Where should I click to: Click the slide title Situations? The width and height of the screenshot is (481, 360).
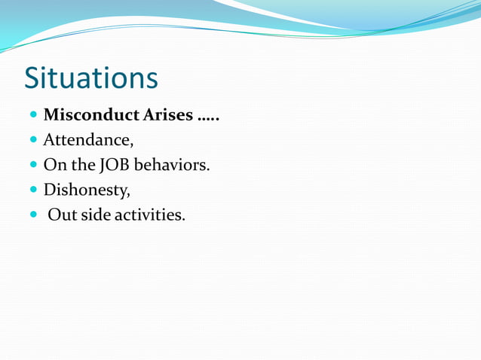[90, 78]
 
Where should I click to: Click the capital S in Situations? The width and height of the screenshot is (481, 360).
[32, 78]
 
